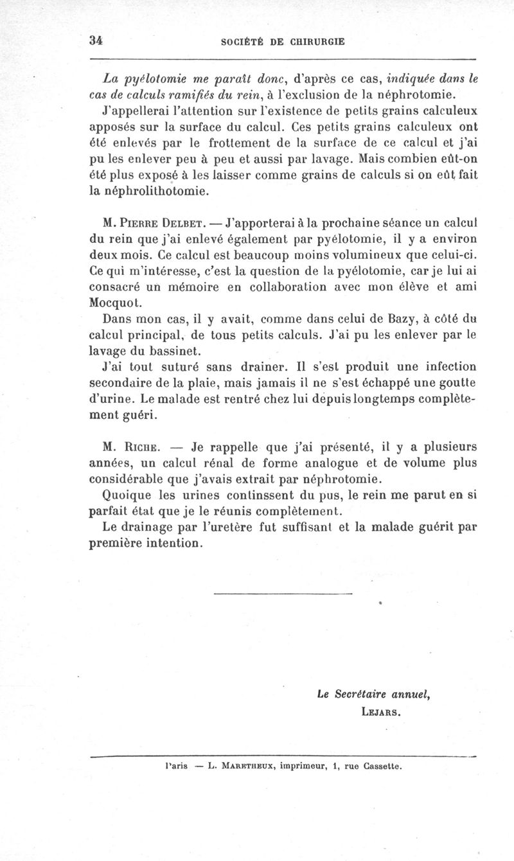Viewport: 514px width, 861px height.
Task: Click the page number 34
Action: click(96, 39)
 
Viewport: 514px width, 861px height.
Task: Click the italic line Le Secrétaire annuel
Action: click(373, 694)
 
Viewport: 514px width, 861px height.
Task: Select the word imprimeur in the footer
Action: click(303, 765)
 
